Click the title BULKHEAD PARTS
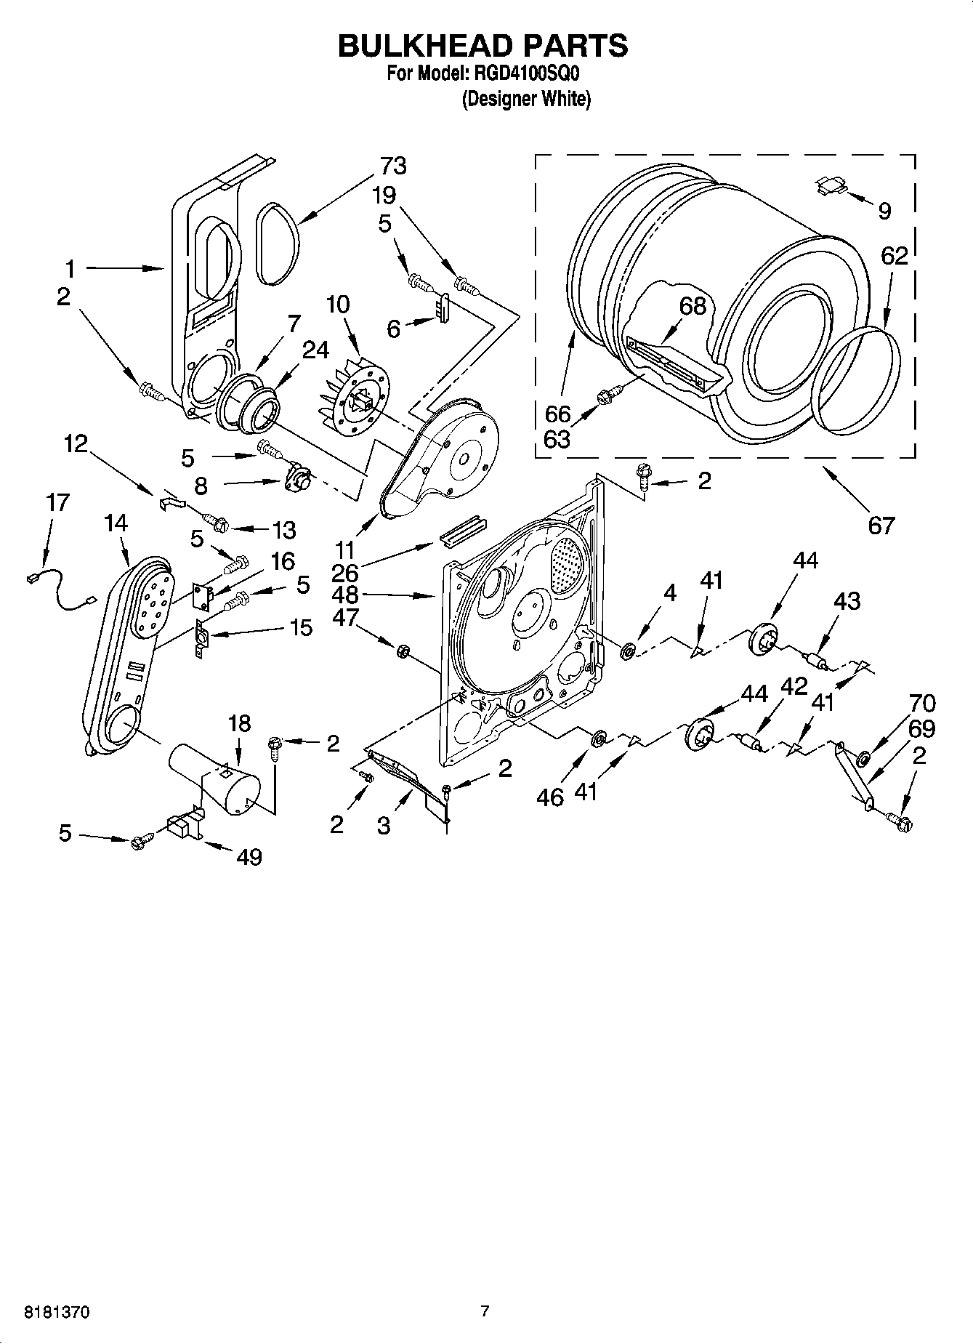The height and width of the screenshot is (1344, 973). (x=483, y=45)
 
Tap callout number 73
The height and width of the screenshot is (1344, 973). (x=392, y=166)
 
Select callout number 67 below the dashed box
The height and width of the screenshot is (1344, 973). (x=881, y=525)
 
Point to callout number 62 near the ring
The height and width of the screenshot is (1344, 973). (x=894, y=256)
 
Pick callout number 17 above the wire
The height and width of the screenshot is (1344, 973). (x=57, y=502)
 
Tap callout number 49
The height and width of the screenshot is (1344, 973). (x=249, y=857)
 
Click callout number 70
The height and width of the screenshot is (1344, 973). (x=921, y=704)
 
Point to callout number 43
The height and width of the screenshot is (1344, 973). (x=847, y=601)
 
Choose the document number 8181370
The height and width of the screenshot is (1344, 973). (x=57, y=1312)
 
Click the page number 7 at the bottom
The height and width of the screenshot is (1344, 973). (x=485, y=1311)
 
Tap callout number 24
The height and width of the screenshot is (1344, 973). (x=315, y=350)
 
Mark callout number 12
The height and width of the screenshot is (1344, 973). (x=76, y=443)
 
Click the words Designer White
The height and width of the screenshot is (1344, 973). (x=527, y=99)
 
